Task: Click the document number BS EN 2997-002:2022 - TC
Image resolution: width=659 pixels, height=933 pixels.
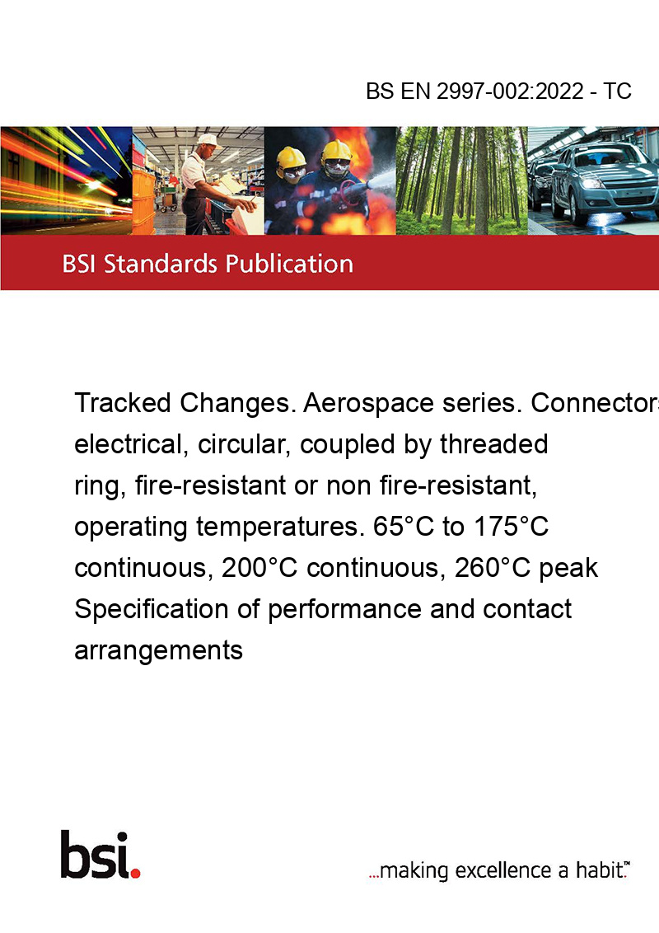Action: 498,91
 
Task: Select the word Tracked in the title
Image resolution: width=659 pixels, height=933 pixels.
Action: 123,403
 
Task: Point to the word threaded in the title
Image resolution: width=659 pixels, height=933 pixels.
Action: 493,444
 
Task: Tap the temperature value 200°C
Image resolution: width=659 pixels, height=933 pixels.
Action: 259,568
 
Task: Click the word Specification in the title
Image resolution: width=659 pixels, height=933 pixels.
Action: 151,609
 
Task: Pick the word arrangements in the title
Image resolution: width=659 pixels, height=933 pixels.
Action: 158,651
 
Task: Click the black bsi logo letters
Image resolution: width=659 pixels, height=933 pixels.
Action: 95,855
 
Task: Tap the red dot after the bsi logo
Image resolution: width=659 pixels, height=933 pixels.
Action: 135,873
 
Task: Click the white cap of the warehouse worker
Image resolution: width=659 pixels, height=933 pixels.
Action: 208,140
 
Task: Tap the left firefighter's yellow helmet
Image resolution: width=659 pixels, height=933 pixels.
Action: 291,157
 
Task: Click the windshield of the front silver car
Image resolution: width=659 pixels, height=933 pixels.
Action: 598,155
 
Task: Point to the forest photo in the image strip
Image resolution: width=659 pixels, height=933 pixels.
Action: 461,181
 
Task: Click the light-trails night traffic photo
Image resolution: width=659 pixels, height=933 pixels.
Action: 66,181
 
